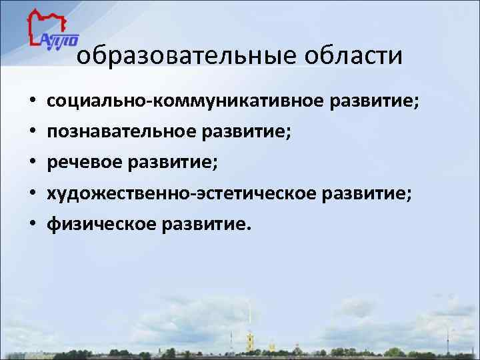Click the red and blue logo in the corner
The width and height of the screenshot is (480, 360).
point(52,31)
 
